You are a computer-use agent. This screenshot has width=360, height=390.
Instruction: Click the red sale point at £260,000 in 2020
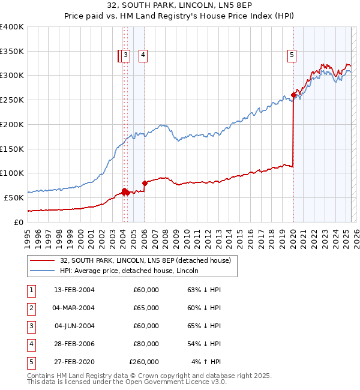click(x=293, y=95)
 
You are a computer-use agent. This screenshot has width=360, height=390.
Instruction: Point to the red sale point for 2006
click(x=145, y=183)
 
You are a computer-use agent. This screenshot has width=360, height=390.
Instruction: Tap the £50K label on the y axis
click(x=14, y=197)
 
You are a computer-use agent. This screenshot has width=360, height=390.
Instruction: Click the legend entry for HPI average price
click(x=129, y=271)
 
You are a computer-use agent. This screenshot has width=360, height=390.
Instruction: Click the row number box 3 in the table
click(x=30, y=326)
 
